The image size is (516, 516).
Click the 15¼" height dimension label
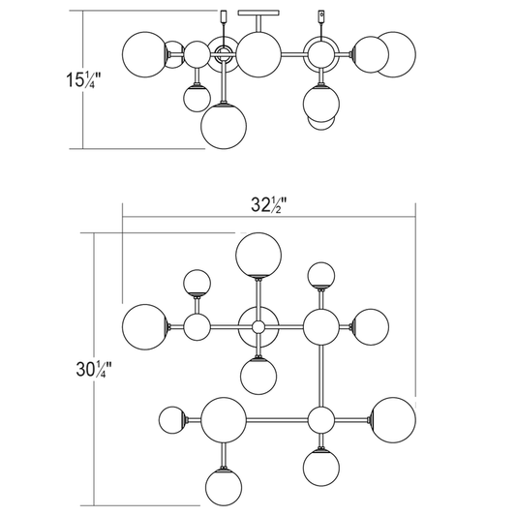[x=83, y=80]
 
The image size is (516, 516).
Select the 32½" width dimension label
[x=269, y=205]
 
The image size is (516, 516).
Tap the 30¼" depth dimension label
[x=94, y=369]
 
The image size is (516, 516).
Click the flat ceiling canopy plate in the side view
[x=258, y=13]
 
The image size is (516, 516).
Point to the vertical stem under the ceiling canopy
[x=258, y=23]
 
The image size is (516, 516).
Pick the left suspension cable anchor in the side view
[x=224, y=15]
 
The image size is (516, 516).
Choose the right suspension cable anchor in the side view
[x=321, y=15]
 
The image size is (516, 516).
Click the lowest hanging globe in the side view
[x=224, y=127]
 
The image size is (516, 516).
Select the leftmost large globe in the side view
[x=145, y=54]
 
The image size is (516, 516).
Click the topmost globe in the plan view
[x=258, y=256]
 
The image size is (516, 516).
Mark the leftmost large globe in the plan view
[x=145, y=327]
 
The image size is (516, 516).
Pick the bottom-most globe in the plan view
[x=224, y=488]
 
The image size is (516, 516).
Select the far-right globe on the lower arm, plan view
[x=393, y=420]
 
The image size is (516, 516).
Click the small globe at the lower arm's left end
[x=172, y=420]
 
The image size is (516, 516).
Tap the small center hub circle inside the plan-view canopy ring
[x=258, y=327]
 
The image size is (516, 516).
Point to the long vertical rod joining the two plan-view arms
[x=321, y=376]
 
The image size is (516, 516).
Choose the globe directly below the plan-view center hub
[x=258, y=377]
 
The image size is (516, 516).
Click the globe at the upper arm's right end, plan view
[x=371, y=327]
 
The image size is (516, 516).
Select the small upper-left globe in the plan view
[x=197, y=284]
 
